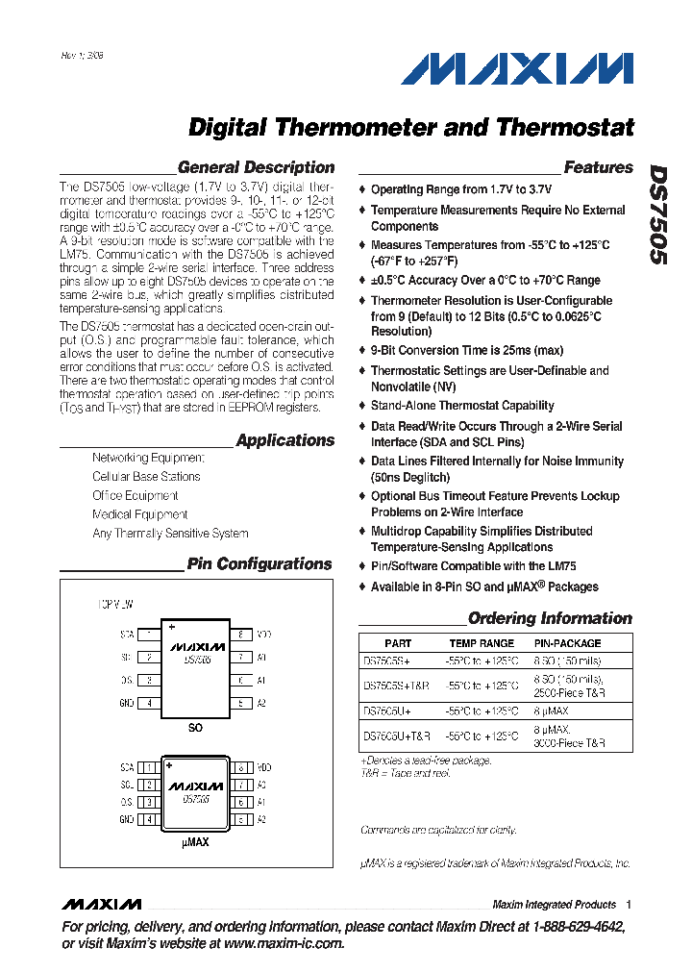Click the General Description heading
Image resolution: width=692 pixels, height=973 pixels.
tap(257, 167)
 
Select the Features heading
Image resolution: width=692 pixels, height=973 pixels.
tap(598, 167)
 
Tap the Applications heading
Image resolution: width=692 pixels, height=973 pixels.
tap(285, 440)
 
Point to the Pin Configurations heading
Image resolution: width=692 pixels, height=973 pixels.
tap(259, 564)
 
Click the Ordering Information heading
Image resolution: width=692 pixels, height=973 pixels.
tap(550, 618)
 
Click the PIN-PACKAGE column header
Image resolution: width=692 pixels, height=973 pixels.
tap(567, 643)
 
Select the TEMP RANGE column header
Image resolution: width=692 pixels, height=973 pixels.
tap(482, 643)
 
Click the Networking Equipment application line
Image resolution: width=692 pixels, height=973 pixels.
tap(148, 458)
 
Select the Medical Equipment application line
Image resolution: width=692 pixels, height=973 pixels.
tap(139, 514)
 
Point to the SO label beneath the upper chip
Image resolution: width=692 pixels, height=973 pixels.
tap(195, 729)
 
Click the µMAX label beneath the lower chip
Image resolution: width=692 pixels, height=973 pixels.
tap(195, 842)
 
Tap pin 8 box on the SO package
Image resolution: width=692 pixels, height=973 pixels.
tap(240, 635)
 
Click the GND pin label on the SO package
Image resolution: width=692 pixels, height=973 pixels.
tap(127, 703)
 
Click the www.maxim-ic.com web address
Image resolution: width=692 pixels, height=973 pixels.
tap(284, 944)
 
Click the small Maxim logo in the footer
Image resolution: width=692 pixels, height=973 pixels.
tap(101, 905)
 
